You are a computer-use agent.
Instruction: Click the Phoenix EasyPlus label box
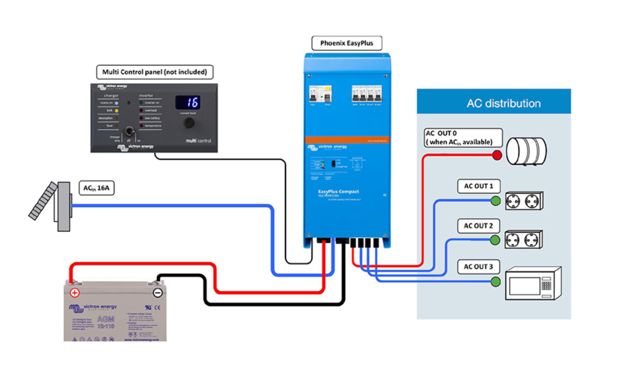click(x=346, y=43)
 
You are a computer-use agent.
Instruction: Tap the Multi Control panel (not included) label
click(x=154, y=72)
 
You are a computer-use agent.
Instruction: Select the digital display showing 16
click(x=188, y=102)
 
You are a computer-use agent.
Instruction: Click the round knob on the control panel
click(x=189, y=123)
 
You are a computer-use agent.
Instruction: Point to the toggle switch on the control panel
click(x=129, y=131)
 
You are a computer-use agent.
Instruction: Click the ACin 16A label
click(x=96, y=188)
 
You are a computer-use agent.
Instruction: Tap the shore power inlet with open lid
click(x=52, y=205)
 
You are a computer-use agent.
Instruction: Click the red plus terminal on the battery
click(x=75, y=293)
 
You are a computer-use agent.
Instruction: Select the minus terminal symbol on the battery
click(x=158, y=293)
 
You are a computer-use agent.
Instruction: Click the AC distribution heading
click(x=503, y=103)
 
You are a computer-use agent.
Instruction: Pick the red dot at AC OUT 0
click(x=497, y=155)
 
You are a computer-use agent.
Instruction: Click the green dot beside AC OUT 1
click(x=495, y=201)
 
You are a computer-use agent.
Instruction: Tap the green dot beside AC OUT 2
click(x=495, y=240)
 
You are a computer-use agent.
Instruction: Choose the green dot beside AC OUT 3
click(x=495, y=282)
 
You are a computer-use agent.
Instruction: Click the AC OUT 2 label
click(x=478, y=226)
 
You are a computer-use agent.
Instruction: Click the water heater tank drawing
click(x=526, y=151)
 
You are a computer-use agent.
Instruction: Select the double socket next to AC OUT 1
click(x=524, y=201)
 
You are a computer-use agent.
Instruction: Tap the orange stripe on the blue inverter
click(x=347, y=140)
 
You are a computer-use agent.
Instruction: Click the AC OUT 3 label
click(x=478, y=267)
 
